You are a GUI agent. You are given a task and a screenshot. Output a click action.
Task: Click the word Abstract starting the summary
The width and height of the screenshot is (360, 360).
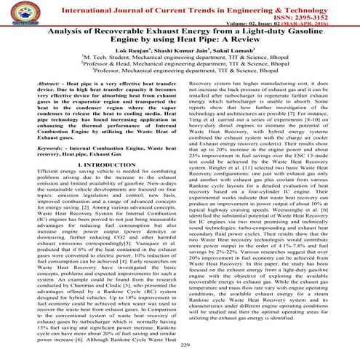point(57,86)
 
